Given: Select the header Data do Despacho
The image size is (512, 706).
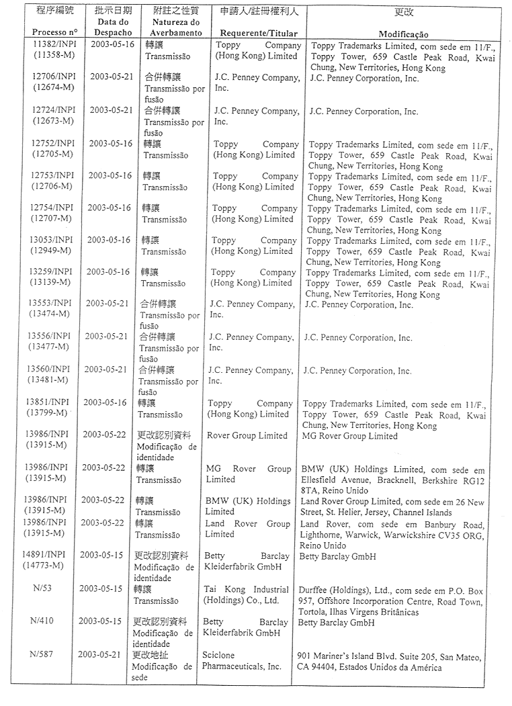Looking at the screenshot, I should click(113, 28).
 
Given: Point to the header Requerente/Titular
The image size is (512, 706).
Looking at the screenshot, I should click(254, 33).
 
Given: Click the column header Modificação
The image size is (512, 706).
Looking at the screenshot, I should click(404, 34).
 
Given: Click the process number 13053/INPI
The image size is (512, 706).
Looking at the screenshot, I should click(53, 240).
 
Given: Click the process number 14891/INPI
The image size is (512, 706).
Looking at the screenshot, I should click(48, 556).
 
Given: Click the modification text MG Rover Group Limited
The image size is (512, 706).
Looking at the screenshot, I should click(349, 436).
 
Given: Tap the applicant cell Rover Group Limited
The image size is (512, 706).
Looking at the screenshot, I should click(247, 436).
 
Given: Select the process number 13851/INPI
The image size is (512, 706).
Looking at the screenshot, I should click(50, 403).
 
